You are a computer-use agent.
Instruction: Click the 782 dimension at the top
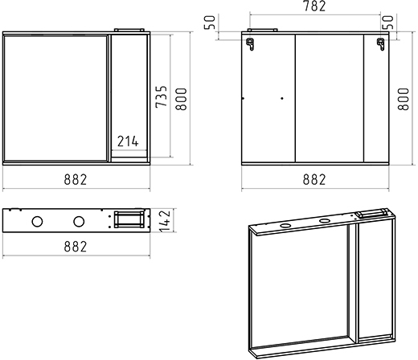coord(314,6)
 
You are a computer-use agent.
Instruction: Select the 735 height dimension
coord(162,96)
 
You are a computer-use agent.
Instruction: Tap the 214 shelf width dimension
coord(128,141)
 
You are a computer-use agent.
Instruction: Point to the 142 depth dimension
coord(164,221)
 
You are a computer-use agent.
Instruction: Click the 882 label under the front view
coord(76,180)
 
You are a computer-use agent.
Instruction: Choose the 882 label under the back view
coord(314,180)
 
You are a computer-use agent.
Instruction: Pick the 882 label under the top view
coord(76,247)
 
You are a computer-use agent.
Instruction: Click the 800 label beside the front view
coord(181,99)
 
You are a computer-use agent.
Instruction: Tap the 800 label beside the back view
coord(404,99)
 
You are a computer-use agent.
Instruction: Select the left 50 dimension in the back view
coord(210,22)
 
